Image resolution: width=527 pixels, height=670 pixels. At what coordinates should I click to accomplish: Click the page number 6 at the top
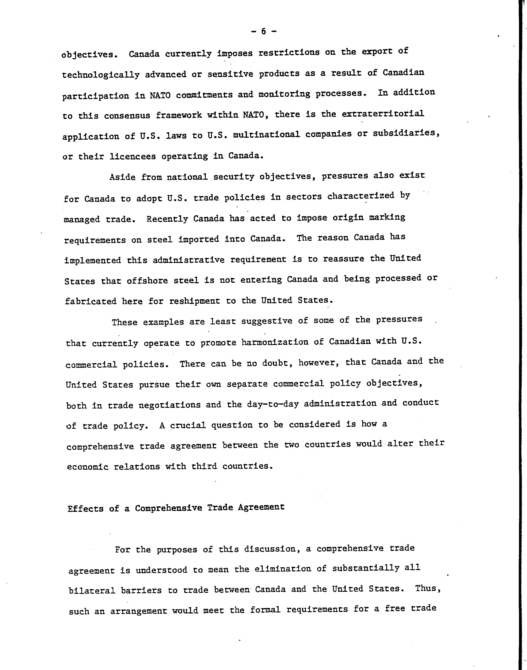click(x=263, y=31)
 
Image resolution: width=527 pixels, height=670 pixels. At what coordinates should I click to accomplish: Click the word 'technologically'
click(x=101, y=75)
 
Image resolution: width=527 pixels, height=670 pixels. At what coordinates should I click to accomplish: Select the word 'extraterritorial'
click(x=383, y=114)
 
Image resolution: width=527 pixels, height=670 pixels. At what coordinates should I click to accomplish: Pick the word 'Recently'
click(x=167, y=219)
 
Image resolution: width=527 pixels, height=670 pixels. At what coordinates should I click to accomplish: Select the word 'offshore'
click(x=147, y=280)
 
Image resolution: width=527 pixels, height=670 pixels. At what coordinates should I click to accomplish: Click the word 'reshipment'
click(x=194, y=301)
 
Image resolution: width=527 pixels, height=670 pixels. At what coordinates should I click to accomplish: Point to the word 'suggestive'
click(x=267, y=321)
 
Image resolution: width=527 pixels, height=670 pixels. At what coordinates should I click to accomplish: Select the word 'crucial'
click(x=188, y=425)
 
